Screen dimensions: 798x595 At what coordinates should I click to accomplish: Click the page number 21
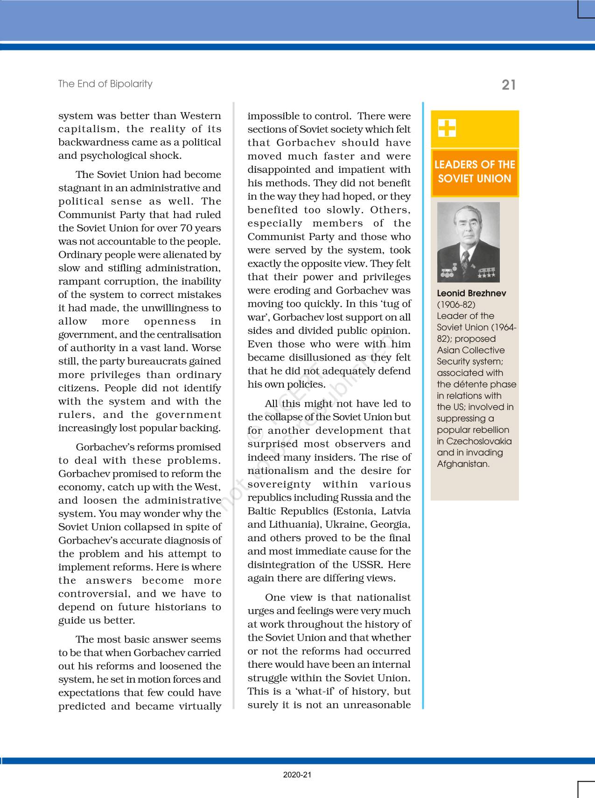pos(509,85)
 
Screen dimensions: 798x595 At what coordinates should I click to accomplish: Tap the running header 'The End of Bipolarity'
pos(105,84)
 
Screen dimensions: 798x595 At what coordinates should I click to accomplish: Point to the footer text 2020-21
pos(297,775)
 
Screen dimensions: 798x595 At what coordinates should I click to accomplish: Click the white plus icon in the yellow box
pos(447,128)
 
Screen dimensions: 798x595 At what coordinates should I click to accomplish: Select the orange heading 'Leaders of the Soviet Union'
pos(475,172)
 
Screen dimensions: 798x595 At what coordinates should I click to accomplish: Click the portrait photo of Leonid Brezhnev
pos(468,242)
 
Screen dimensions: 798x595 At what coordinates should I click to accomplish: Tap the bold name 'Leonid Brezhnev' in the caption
pos(471,293)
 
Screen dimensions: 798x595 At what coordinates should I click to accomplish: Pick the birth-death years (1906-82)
pos(456,304)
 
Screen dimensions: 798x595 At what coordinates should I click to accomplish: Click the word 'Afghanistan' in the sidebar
pos(462,464)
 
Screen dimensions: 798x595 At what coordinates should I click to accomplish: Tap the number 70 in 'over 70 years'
pos(180,228)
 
